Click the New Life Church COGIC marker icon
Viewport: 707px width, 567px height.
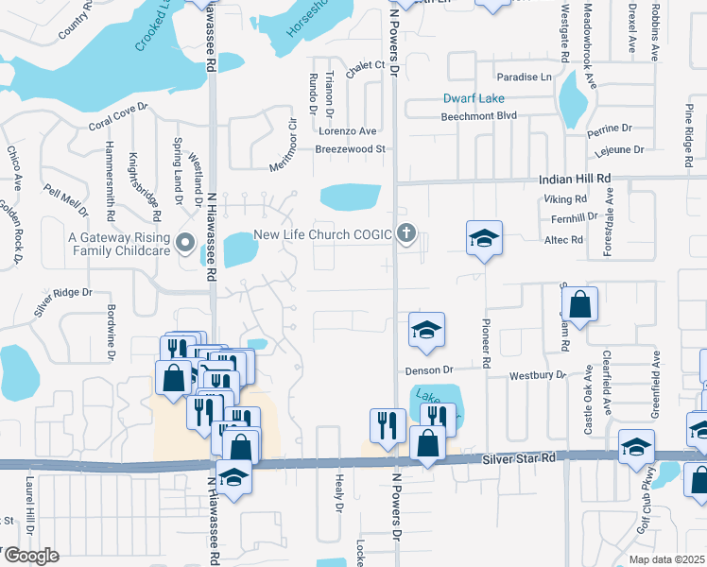pyautogui.click(x=407, y=233)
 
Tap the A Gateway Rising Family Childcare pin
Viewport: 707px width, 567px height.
pyautogui.click(x=186, y=245)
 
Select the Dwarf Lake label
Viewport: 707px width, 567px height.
pyautogui.click(x=474, y=98)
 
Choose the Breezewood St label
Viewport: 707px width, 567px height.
pyautogui.click(x=352, y=149)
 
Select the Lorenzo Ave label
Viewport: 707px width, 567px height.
pyautogui.click(x=346, y=131)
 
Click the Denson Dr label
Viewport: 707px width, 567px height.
pyautogui.click(x=430, y=370)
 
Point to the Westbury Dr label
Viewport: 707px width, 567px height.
pyautogui.click(x=537, y=375)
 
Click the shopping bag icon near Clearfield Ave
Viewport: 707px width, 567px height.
pyautogui.click(x=582, y=305)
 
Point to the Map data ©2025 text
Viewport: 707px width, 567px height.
pyautogui.click(x=667, y=558)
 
